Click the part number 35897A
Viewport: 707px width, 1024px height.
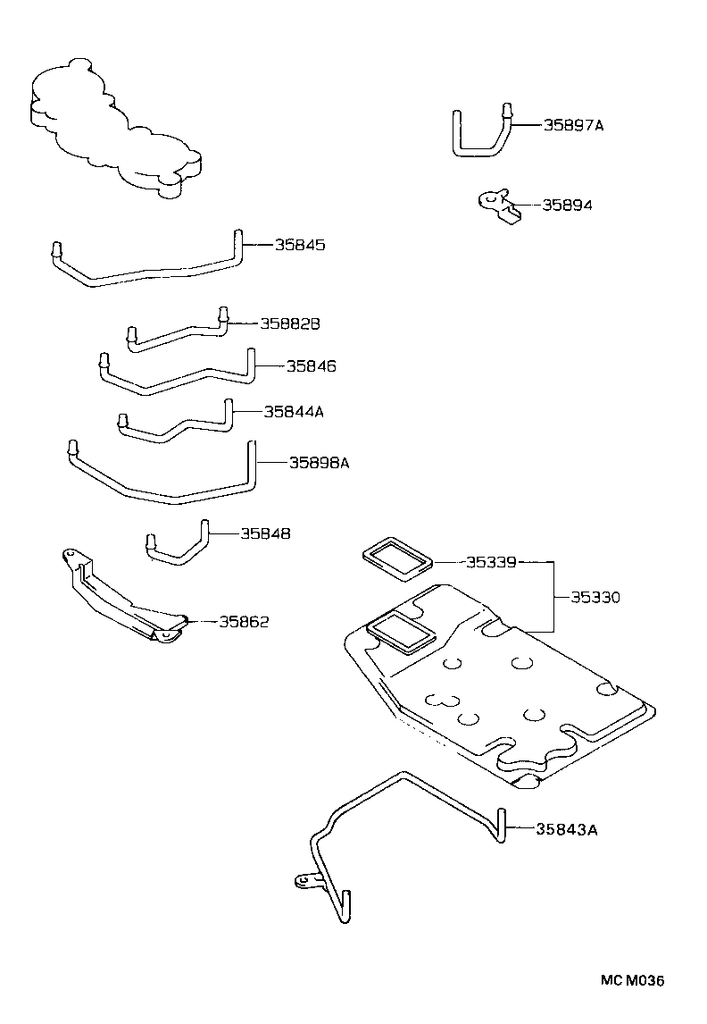[573, 126]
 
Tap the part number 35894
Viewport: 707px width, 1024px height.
[567, 206]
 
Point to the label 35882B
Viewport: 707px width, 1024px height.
[289, 323]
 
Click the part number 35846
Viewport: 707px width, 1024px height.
[312, 366]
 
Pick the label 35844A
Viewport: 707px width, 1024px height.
[293, 412]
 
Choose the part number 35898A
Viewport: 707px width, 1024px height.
[319, 463]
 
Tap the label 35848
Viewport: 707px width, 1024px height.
[265, 533]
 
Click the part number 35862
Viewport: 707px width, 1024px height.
[244, 621]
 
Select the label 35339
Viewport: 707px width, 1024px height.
[491, 562]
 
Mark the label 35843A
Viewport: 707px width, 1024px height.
[566, 829]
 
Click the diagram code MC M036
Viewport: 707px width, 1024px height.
[632, 981]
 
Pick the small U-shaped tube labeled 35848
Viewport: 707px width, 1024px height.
[179, 546]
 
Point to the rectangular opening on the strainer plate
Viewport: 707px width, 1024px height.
[401, 631]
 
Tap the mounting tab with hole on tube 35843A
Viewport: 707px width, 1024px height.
[305, 881]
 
